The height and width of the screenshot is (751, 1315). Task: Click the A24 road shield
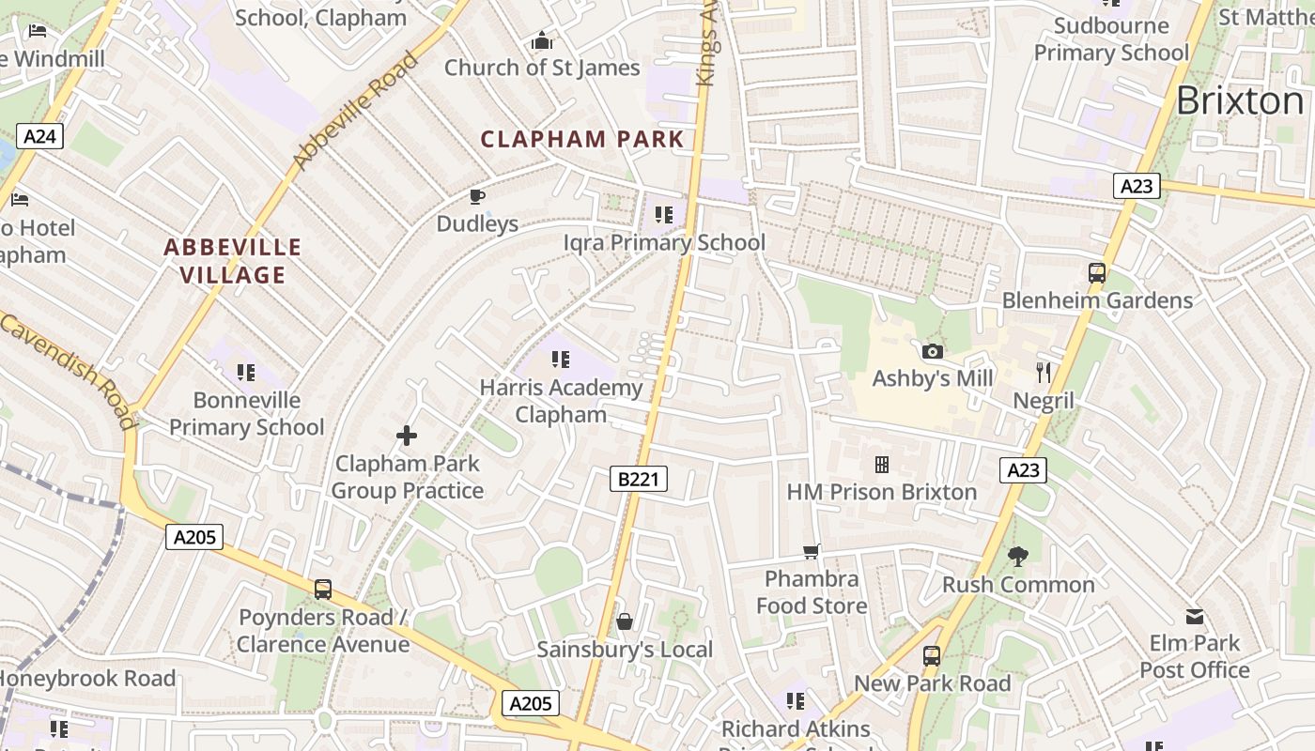[x=39, y=137]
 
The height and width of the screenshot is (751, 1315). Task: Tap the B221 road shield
[x=639, y=479]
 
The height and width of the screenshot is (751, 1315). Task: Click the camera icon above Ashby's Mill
[x=932, y=352]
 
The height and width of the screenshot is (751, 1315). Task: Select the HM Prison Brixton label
[x=881, y=492]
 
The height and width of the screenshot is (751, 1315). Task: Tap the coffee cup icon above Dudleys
[x=477, y=196]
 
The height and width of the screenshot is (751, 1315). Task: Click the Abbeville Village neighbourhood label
[x=233, y=261]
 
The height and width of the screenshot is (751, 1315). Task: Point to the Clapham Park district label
[x=582, y=140]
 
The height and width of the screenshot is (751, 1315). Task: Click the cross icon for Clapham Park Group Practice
[x=407, y=436]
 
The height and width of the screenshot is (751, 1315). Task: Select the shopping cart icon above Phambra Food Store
[x=812, y=551]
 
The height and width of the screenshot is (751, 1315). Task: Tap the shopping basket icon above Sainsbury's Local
[x=625, y=621]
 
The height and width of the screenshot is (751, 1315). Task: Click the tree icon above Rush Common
[x=1018, y=557]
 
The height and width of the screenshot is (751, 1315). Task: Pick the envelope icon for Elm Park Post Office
[x=1195, y=617]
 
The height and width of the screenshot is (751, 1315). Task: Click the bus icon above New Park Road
[x=932, y=656]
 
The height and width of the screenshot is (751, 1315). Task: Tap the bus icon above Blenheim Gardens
[x=1097, y=273]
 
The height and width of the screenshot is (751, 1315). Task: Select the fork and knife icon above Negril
[x=1044, y=373]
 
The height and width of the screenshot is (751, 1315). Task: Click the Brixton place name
[x=1239, y=100]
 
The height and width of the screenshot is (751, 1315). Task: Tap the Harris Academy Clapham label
[x=561, y=401]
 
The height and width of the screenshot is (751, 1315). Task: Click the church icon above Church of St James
[x=542, y=40]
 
